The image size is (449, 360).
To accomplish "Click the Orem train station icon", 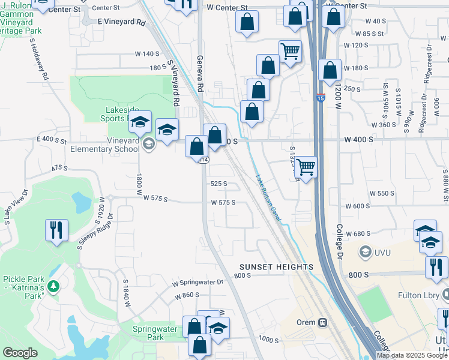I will coord(323,322).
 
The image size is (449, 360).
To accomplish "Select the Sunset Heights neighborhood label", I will coord(276,266).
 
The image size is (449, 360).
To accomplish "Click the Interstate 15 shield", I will coord(320,98).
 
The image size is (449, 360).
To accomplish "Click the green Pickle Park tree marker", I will coord(54,286).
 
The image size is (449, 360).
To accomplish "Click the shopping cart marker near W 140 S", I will coord(290,51).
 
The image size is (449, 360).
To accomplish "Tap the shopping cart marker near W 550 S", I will coord(306,167).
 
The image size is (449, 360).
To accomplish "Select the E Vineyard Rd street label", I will coord(121,21).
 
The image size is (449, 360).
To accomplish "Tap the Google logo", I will coord(20,353).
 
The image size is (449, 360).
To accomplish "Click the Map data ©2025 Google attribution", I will coord(412,355).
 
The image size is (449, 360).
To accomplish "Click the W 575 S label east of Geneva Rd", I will coord(223,203).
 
